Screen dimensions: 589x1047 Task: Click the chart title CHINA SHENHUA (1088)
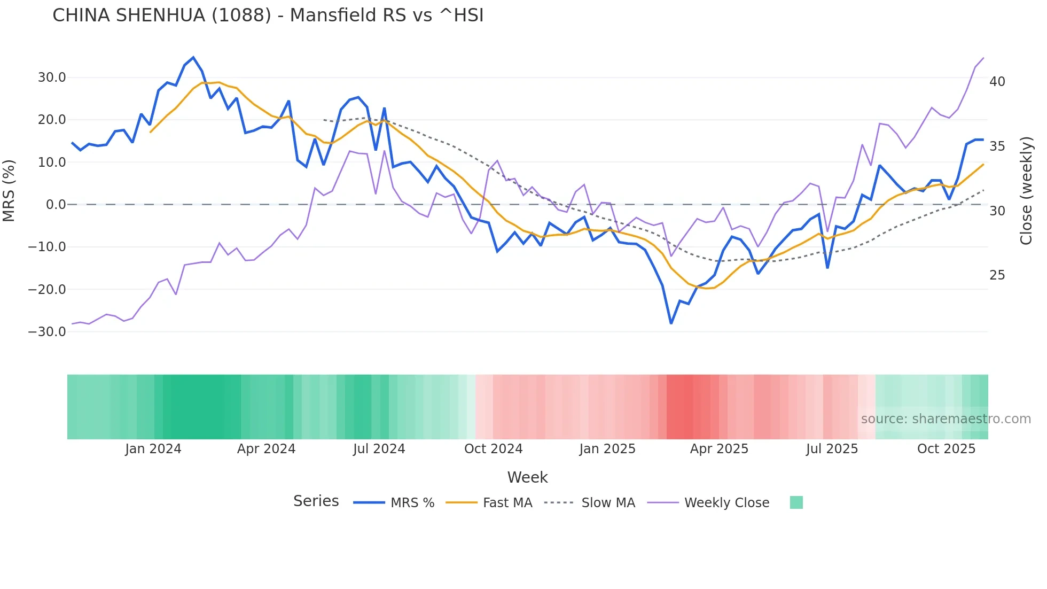(268, 15)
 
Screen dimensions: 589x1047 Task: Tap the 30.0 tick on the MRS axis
(52, 77)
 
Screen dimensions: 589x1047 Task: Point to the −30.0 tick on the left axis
(48, 331)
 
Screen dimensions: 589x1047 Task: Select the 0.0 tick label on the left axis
(56, 205)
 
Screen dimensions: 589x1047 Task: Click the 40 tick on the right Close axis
(997, 82)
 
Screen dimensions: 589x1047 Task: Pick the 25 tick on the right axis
(997, 275)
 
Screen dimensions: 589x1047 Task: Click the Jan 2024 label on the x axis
(153, 449)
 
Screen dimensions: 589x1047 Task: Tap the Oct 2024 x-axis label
(493, 449)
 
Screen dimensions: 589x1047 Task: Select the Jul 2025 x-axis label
(832, 449)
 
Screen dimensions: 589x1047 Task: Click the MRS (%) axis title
(9, 191)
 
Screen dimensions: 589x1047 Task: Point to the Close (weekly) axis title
(1026, 191)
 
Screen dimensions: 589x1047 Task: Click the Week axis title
(527, 477)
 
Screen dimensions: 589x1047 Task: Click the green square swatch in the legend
(796, 502)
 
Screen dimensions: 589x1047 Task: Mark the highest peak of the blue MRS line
(193, 58)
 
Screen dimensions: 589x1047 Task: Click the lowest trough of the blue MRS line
(671, 323)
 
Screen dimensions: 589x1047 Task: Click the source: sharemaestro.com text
(946, 419)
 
